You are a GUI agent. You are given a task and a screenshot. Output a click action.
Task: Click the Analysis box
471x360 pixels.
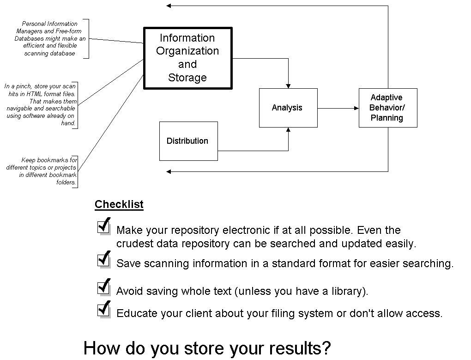coord(288,108)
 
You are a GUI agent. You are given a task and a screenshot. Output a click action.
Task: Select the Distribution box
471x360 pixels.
coord(188,141)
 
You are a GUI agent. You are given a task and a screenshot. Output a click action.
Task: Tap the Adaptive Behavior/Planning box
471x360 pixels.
coord(387,108)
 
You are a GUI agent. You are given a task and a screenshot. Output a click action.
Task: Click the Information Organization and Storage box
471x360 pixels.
coord(187,58)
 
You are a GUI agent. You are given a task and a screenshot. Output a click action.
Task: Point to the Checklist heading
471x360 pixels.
coord(119,204)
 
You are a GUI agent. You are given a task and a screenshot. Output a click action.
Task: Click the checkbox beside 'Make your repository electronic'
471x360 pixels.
coord(103,226)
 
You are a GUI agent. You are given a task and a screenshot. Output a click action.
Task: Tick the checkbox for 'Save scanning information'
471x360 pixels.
coord(103,260)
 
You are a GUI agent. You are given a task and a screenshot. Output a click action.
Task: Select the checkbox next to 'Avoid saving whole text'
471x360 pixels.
coord(103,287)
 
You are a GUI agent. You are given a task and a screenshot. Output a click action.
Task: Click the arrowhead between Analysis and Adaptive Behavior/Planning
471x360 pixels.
coord(356,108)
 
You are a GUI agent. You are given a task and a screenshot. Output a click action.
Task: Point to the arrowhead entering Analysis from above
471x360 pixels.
coord(288,85)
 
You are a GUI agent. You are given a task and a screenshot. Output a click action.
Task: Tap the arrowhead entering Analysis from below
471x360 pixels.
coord(288,130)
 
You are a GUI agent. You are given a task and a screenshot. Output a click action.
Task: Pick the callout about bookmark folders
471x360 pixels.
coord(42,171)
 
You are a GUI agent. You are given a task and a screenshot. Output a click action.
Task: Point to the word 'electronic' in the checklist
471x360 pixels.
coord(245,230)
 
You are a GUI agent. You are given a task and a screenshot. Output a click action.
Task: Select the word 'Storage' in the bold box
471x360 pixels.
coord(187,78)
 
